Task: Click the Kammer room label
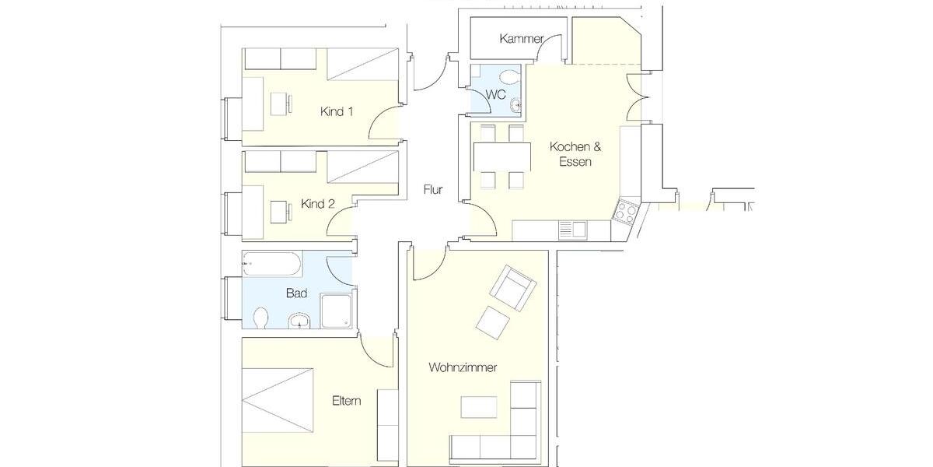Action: click(522, 38)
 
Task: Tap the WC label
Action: click(496, 94)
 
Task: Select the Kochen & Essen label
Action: click(575, 154)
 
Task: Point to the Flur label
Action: click(433, 189)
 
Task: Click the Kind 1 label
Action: click(337, 111)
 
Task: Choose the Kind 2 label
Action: click(317, 204)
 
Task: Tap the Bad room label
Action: click(296, 293)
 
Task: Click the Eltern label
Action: click(346, 401)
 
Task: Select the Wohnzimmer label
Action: click(463, 367)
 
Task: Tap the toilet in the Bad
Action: click(261, 318)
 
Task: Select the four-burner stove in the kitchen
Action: click(626, 211)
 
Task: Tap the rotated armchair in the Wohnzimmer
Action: click(512, 288)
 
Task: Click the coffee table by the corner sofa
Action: click(479, 407)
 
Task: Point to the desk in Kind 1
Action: click(281, 104)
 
